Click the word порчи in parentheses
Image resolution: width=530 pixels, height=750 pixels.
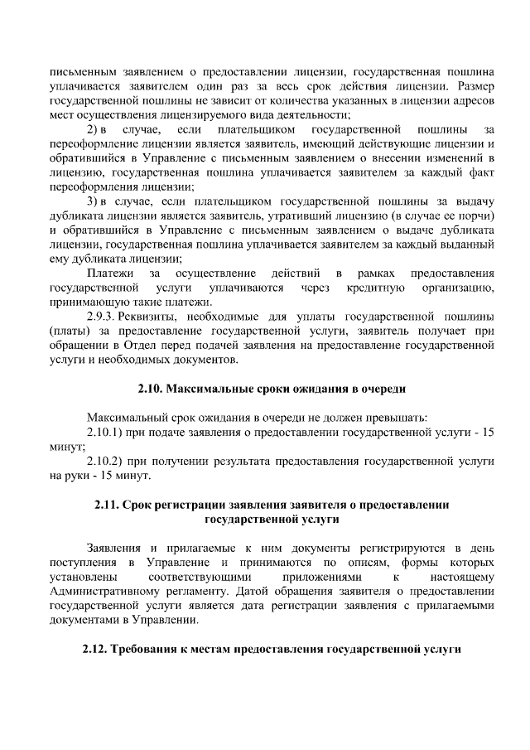474,217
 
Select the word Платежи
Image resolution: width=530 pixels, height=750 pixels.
109,273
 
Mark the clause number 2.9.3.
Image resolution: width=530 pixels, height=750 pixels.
105,317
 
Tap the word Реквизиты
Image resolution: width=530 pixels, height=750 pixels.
154,317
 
